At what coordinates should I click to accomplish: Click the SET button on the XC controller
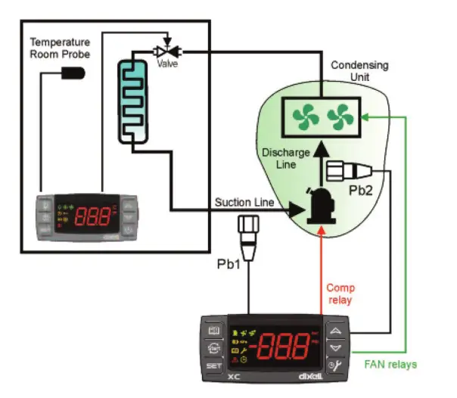(x=214, y=367)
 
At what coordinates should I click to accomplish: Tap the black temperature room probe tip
(x=73, y=73)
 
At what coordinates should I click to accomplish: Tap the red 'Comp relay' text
(x=340, y=294)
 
